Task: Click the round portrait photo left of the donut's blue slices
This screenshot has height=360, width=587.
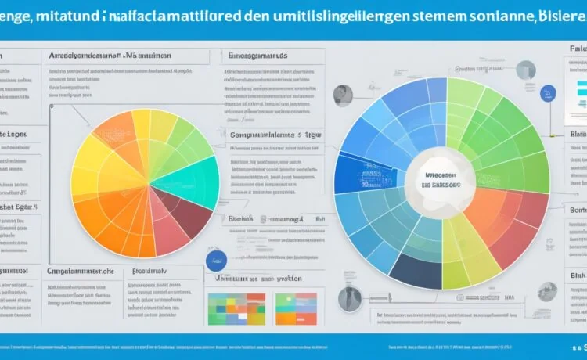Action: click(x=341, y=96)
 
